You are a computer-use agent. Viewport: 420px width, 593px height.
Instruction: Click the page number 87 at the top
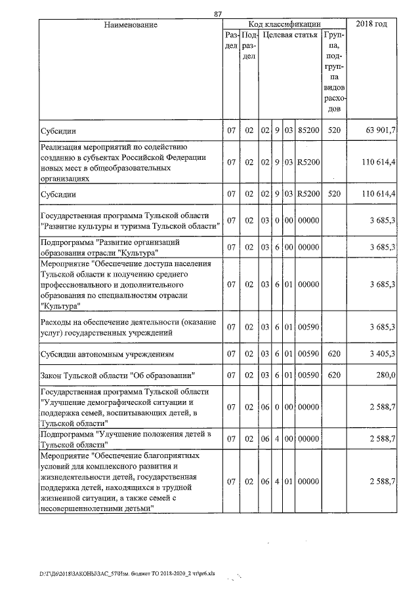(218, 14)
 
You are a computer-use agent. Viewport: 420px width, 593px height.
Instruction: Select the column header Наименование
(130, 24)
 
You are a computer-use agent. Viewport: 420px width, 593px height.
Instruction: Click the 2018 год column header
(371, 24)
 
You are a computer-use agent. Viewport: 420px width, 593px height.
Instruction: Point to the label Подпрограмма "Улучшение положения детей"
(125, 438)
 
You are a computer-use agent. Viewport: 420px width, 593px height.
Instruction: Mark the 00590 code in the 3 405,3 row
(308, 354)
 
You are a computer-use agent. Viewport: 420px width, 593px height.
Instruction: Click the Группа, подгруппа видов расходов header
(334, 71)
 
